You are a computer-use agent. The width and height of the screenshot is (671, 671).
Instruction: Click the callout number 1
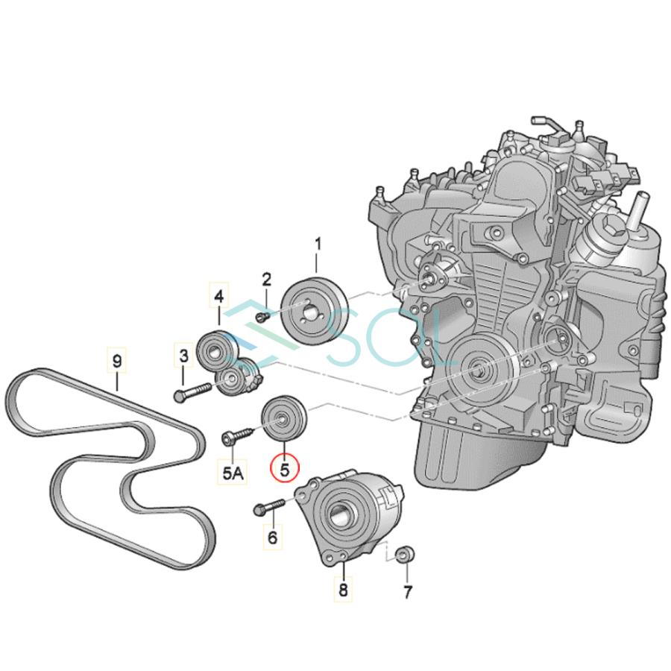(x=318, y=244)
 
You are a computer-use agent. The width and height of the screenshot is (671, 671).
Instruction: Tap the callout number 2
(x=266, y=280)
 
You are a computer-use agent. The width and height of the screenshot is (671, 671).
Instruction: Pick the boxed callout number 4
(x=218, y=296)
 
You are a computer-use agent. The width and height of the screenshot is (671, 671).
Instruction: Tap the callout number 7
(x=407, y=593)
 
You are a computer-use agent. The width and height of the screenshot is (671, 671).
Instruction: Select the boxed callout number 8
(x=344, y=590)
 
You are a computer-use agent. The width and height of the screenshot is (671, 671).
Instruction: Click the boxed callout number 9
(x=116, y=360)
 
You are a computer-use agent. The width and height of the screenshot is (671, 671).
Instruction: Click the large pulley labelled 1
(x=312, y=312)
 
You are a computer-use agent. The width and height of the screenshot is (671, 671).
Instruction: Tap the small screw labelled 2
(x=262, y=316)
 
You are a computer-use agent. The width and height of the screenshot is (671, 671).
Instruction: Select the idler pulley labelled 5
(x=282, y=420)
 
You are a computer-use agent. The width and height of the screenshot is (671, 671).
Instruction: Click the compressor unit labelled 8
(x=349, y=515)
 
